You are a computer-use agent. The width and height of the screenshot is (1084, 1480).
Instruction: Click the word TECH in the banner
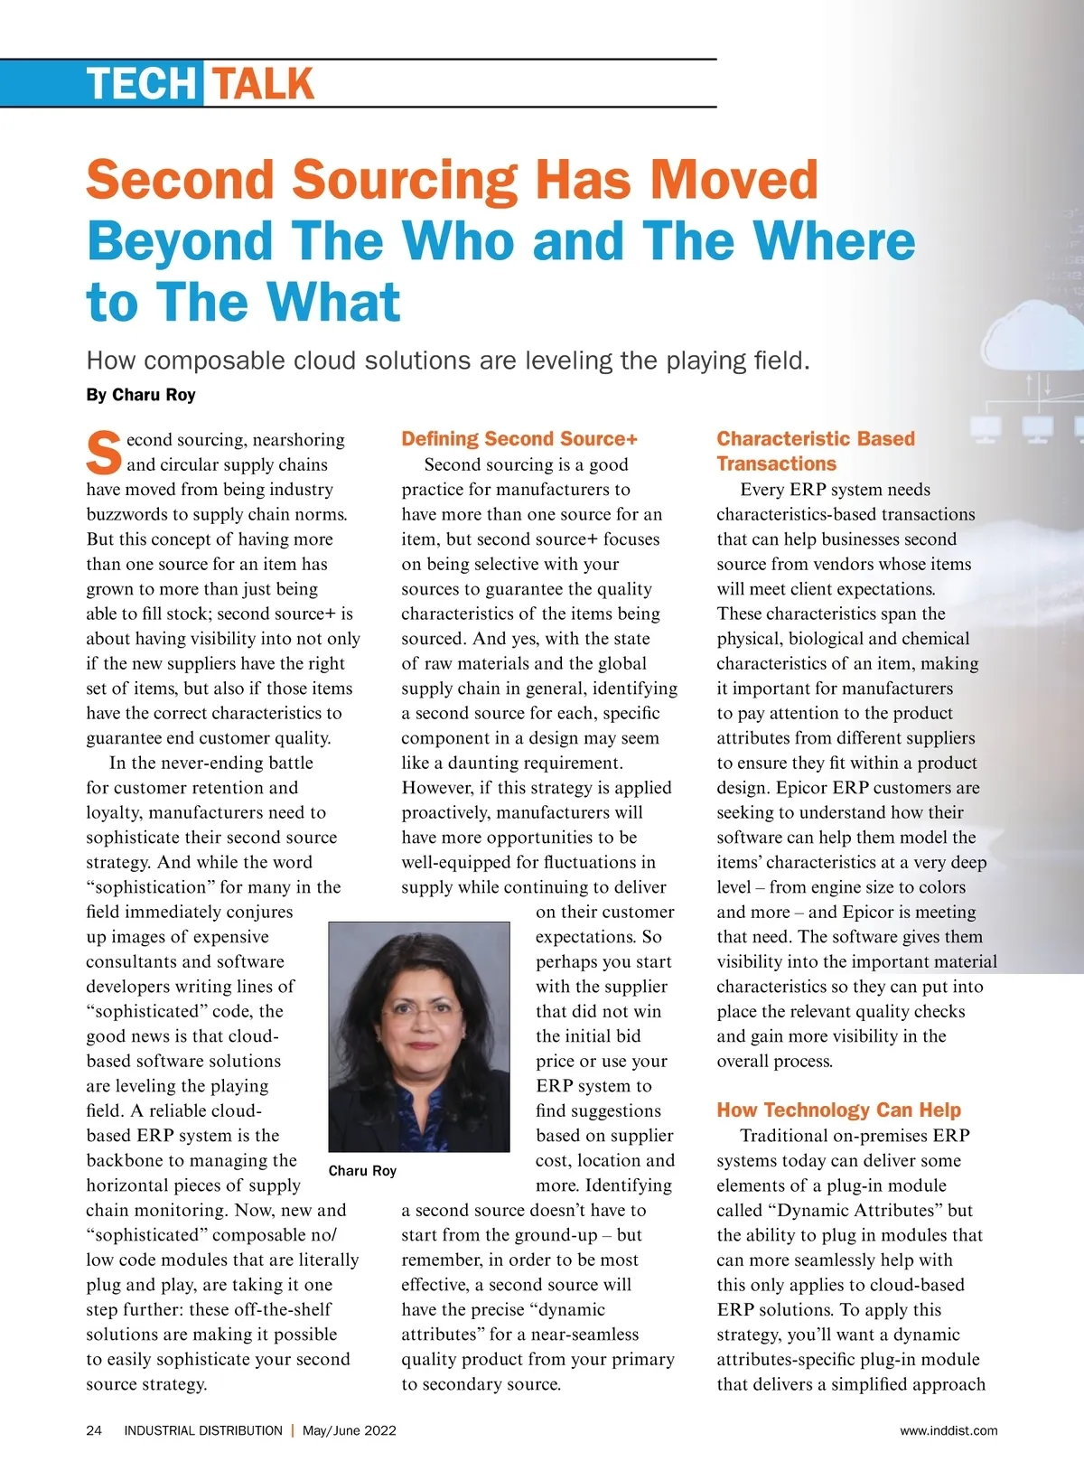(142, 84)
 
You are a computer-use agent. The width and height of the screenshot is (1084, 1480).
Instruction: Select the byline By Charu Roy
(141, 395)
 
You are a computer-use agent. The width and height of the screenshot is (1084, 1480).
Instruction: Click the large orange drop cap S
(103, 453)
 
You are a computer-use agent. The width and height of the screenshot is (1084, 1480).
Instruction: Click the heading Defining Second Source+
(519, 439)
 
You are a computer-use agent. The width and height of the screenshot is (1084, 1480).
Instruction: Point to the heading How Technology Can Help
(838, 1110)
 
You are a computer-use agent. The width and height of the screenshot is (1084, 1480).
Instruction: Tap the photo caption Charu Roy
(362, 1171)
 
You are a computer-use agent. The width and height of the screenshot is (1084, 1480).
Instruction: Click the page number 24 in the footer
(94, 1430)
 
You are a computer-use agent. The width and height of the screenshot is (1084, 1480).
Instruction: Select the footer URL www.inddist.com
(948, 1430)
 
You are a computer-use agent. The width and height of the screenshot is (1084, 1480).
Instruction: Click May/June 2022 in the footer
(350, 1430)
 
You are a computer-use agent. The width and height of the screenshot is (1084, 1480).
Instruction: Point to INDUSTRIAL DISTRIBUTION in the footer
(203, 1430)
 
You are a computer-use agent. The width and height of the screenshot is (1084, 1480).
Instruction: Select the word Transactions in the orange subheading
(777, 464)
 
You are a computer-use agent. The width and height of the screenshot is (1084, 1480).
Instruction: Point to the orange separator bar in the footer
(293, 1430)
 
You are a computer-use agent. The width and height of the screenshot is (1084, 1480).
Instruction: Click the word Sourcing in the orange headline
(405, 180)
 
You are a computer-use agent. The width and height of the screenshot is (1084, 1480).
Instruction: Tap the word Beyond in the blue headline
(180, 241)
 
